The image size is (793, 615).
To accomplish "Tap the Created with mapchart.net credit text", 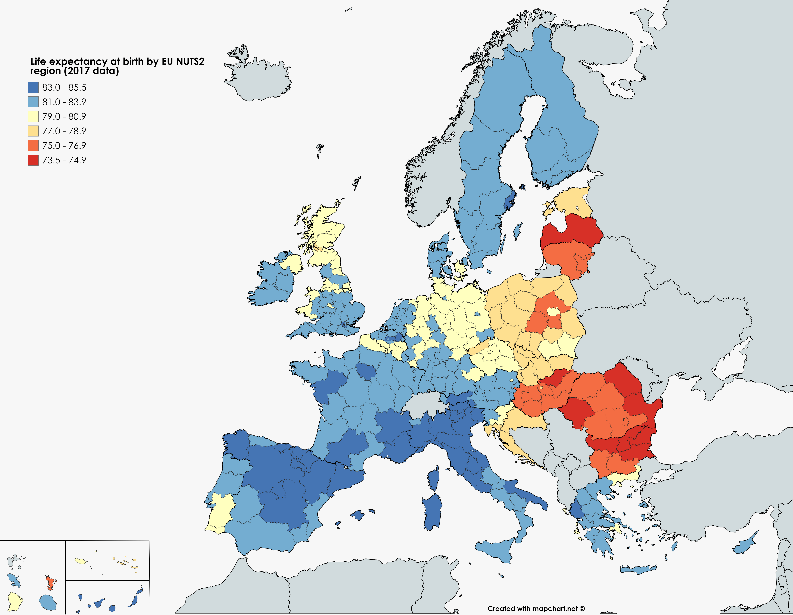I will (536, 609).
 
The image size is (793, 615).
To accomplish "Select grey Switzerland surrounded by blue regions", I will (423, 403).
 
